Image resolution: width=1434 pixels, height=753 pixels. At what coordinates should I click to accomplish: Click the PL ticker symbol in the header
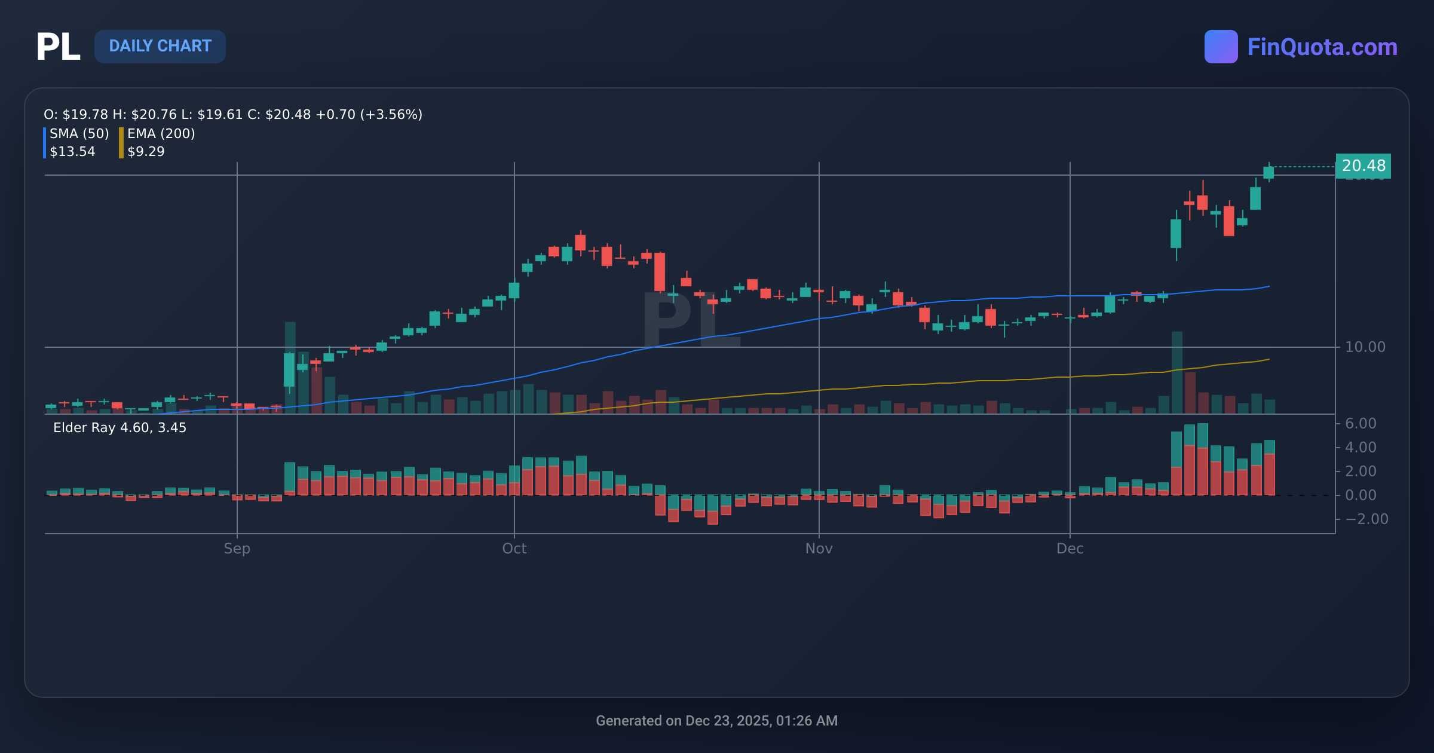coord(58,47)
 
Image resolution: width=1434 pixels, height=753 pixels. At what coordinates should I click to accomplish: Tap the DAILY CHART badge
coord(160,46)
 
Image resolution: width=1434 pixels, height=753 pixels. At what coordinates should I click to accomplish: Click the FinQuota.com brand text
coord(1322,47)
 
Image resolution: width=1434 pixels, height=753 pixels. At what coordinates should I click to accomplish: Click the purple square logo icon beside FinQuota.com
coord(1221,47)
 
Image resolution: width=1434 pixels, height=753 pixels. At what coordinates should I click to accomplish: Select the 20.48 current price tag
coord(1363,166)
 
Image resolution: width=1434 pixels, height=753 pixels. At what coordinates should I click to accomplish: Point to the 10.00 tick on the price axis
coord(1365,347)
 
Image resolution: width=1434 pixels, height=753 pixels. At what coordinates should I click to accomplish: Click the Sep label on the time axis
coord(237,548)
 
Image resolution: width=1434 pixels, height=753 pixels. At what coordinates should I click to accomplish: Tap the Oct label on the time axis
coord(514,548)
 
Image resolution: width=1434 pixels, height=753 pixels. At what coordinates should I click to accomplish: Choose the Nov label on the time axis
coord(819,548)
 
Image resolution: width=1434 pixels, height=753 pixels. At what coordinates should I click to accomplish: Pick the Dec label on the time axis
coord(1070,548)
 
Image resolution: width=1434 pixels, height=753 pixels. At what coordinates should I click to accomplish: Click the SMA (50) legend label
coord(79,133)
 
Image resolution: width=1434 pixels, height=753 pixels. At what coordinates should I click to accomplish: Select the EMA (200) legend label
coord(161,133)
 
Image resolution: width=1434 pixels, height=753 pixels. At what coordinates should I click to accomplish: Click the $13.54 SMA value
coord(72,151)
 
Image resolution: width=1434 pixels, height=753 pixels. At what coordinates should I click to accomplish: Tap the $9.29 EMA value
coord(146,151)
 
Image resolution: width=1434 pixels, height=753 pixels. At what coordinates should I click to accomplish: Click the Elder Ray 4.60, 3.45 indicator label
coord(119,427)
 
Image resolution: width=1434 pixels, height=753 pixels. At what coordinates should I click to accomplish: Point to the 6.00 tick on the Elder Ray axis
coord(1360,423)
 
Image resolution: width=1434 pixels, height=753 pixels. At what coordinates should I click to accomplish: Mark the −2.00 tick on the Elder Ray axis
coord(1366,519)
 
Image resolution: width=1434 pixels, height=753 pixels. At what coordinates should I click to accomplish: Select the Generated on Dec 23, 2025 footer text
coord(716,720)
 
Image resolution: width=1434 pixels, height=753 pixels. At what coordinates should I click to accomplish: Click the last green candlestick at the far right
coord(1268,172)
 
